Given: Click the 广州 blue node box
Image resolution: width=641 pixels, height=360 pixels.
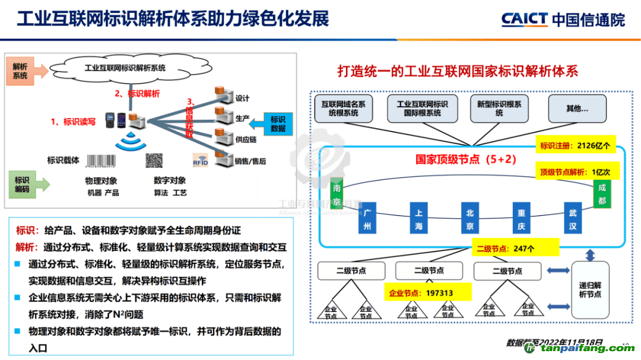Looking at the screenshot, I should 367,219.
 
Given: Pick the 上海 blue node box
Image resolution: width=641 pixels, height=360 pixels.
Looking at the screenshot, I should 418,219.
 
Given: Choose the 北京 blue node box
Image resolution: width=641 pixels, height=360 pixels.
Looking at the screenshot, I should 469,219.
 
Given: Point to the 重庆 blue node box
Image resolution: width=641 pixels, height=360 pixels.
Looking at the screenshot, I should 521,219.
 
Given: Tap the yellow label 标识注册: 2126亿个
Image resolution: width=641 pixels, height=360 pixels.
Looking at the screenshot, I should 575,144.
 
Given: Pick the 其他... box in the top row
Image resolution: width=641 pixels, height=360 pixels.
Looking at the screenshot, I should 577,109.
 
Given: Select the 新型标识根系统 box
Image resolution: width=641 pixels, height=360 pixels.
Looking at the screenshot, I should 499,109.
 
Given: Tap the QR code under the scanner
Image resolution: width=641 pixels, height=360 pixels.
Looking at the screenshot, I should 154,160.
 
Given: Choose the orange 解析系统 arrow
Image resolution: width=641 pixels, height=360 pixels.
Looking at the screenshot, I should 26,72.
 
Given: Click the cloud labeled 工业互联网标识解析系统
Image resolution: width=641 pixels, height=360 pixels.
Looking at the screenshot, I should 125,68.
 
